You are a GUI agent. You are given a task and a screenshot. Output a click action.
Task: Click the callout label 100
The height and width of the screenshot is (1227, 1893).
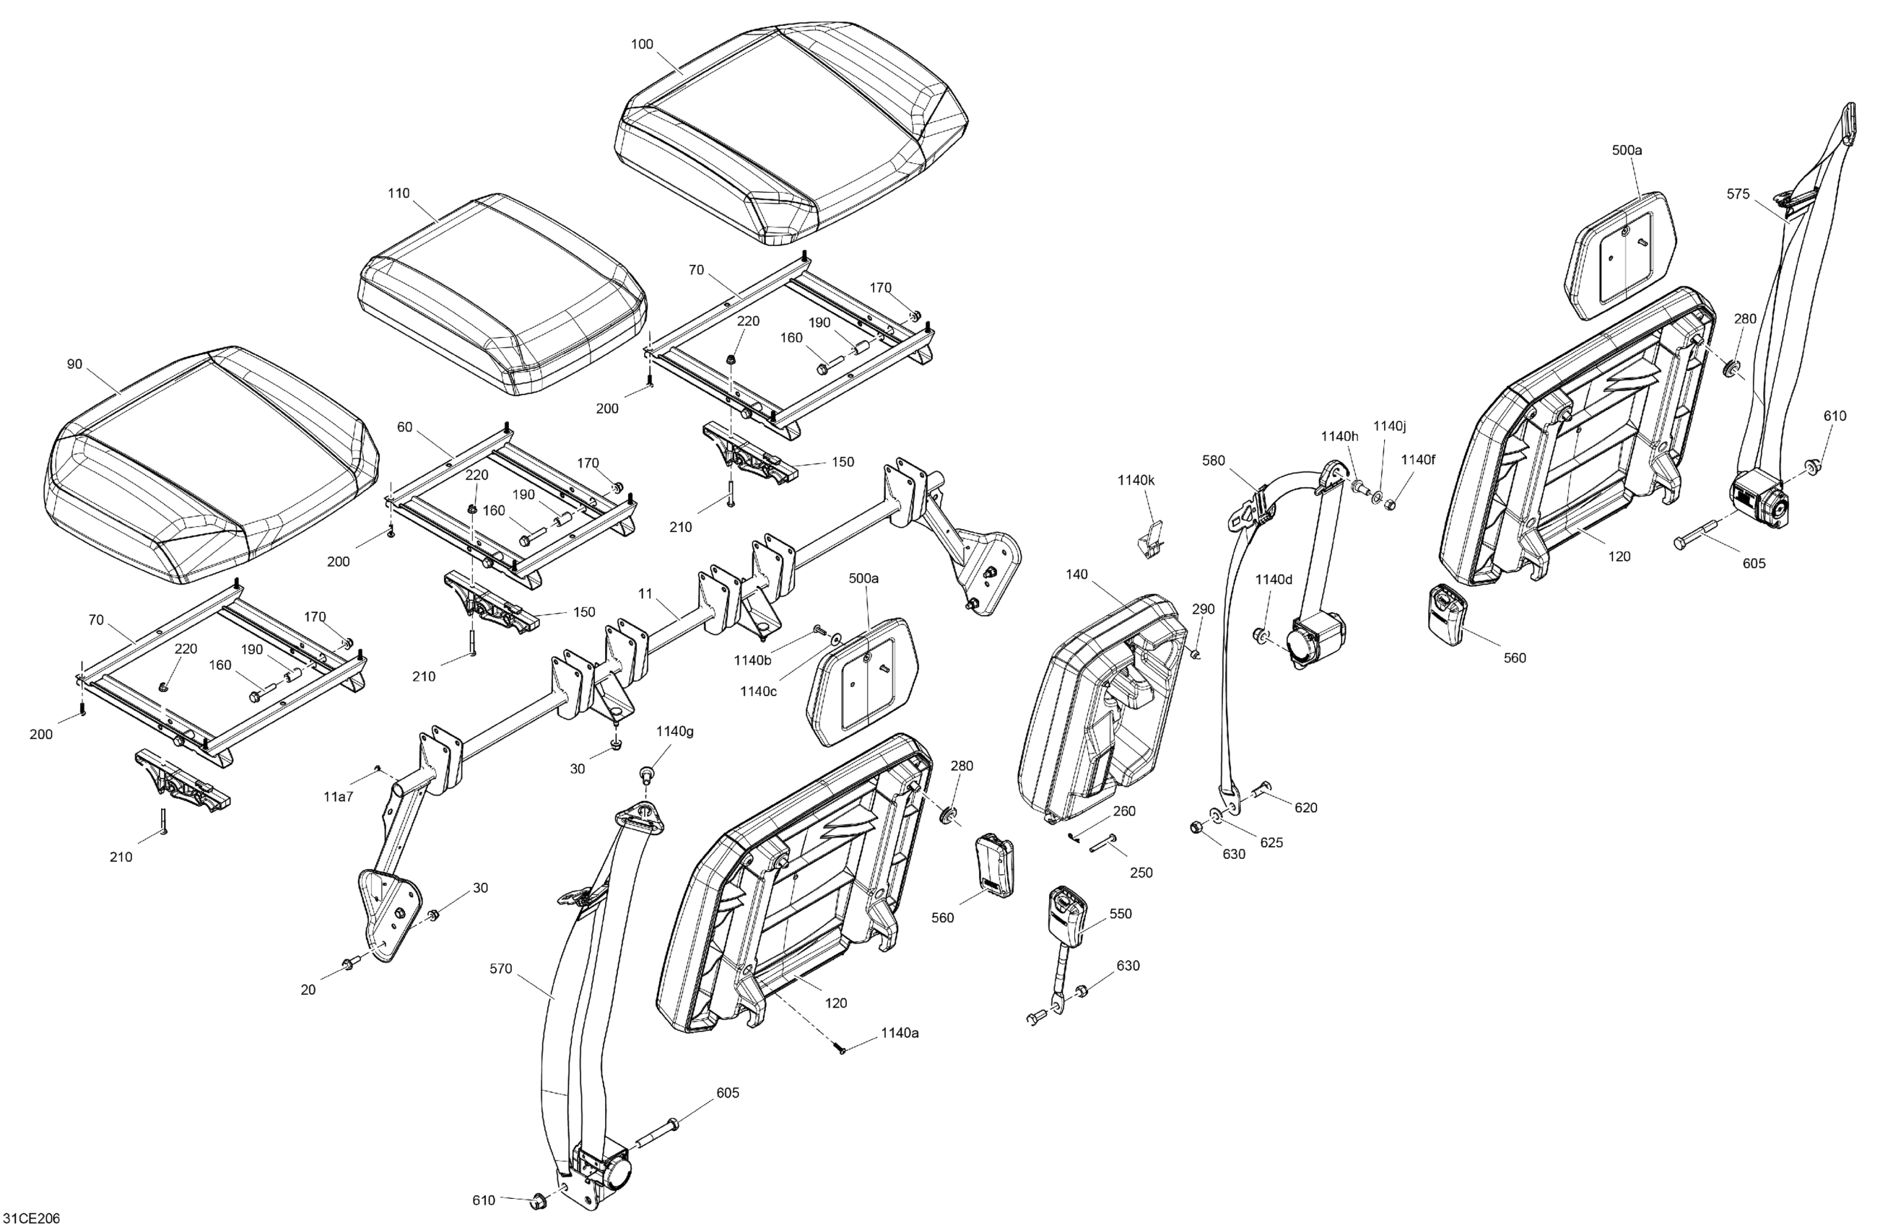click(642, 45)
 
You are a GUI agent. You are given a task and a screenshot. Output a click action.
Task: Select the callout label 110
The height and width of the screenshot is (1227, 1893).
click(399, 193)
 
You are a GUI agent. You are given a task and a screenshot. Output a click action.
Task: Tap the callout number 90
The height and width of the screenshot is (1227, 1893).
click(74, 364)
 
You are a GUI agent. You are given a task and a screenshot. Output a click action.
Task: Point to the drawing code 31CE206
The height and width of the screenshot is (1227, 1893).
click(32, 1218)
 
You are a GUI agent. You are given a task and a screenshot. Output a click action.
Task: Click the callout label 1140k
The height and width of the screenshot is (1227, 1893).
click(1136, 480)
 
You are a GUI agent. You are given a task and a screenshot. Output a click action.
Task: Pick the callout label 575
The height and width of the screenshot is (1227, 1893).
click(1738, 194)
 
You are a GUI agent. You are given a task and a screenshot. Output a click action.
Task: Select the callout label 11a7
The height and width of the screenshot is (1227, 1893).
click(338, 797)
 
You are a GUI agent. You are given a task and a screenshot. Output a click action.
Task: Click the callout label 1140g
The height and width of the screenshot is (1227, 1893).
click(674, 731)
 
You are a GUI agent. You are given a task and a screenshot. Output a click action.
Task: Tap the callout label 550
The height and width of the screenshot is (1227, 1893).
click(1120, 914)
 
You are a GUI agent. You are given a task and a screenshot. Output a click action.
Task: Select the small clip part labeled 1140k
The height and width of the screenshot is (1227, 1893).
click(1150, 541)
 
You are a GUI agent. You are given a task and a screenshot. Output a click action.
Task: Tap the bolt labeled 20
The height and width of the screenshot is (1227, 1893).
click(349, 966)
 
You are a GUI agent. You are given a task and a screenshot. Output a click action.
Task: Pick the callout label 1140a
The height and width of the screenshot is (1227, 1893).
click(900, 1033)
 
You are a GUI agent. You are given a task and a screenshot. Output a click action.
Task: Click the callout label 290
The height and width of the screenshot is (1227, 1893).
click(1204, 609)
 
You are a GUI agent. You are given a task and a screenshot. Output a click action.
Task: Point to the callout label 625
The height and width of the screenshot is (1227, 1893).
click(1271, 842)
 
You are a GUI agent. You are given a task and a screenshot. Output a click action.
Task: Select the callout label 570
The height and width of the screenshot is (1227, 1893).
click(501, 969)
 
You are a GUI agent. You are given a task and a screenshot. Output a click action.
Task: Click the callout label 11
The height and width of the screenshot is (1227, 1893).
click(645, 593)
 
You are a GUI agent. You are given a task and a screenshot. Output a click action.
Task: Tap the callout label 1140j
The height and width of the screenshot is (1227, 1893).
click(1390, 427)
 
